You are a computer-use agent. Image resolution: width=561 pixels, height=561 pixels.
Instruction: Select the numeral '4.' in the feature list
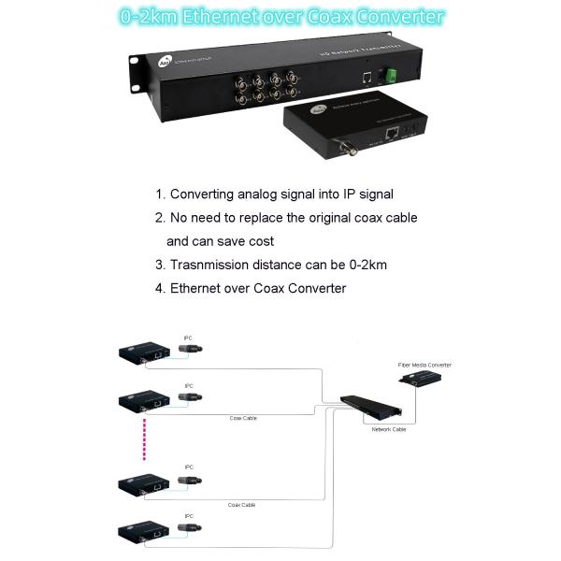(160, 288)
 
